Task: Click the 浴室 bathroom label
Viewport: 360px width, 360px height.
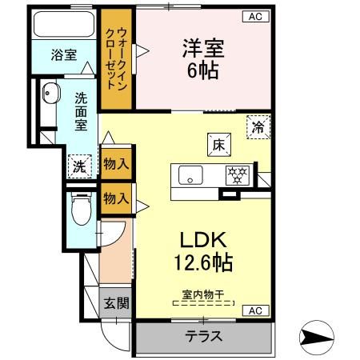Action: tap(64, 55)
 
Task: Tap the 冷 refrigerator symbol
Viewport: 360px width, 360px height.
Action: tap(258, 126)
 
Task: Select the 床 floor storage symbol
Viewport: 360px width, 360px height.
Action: tap(220, 144)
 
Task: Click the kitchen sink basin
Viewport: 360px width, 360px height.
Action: tap(192, 174)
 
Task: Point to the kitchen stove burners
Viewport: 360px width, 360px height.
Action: tap(237, 174)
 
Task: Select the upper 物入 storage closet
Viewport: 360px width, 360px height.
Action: tap(116, 165)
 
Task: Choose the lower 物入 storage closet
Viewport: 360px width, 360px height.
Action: tap(116, 198)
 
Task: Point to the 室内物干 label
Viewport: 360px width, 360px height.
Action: tap(202, 296)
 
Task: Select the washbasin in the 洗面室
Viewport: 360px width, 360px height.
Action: tap(50, 94)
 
